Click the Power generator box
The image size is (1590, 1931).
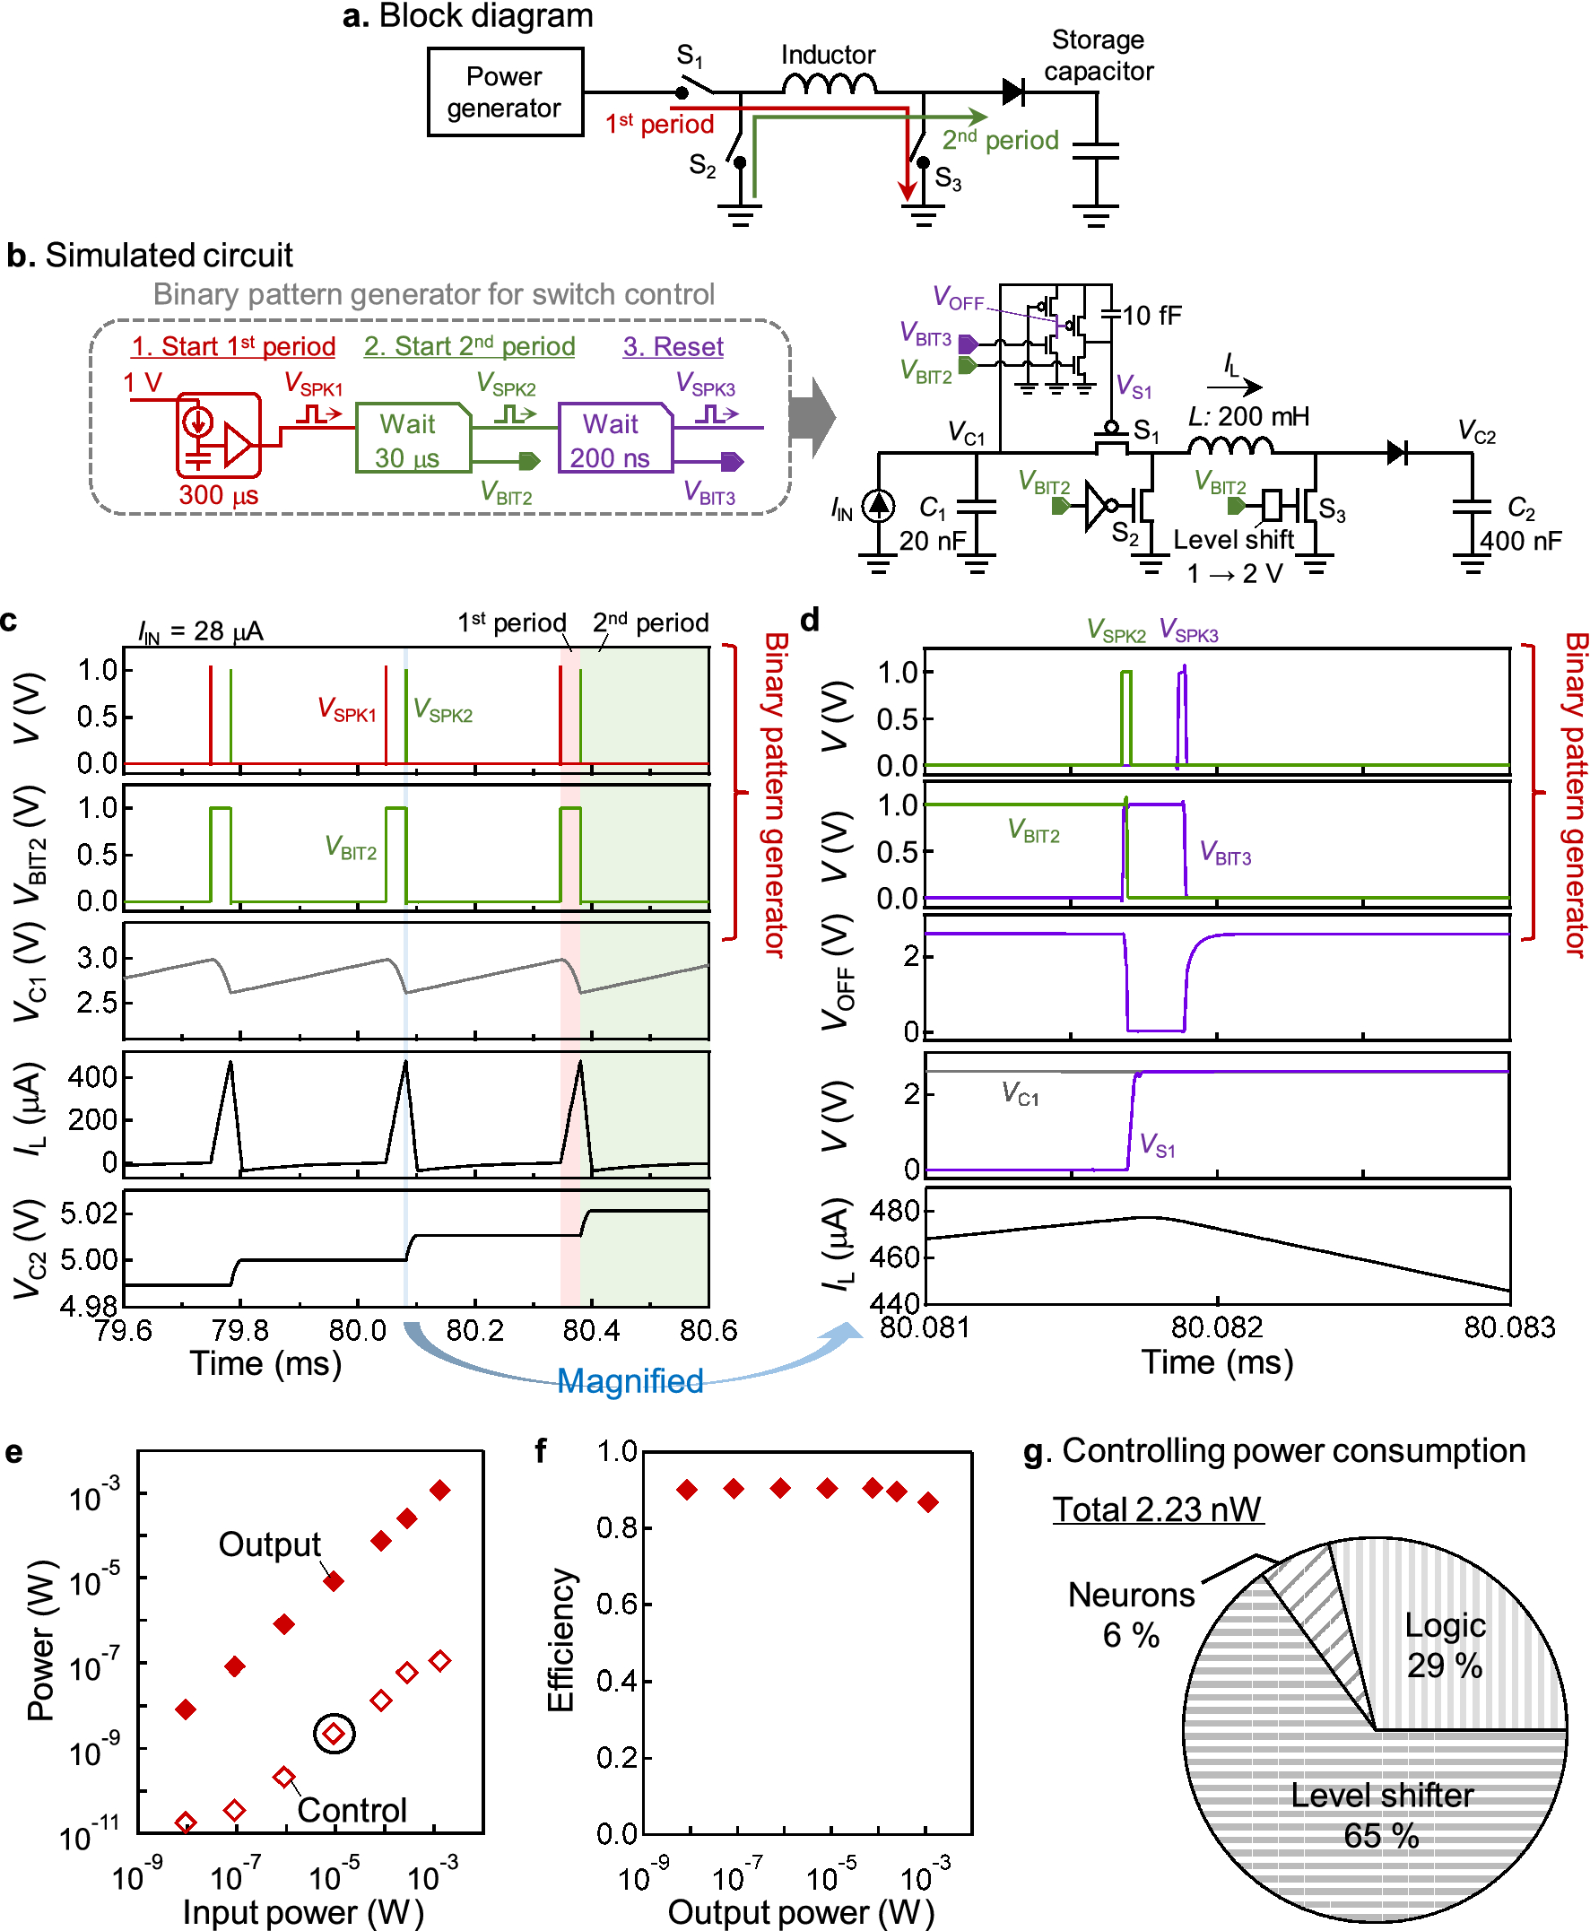(x=505, y=91)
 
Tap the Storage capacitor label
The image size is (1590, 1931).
(x=1098, y=55)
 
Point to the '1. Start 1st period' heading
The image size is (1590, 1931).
(x=233, y=346)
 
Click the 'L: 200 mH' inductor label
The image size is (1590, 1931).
(x=1248, y=416)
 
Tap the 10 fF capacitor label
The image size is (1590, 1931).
(x=1151, y=316)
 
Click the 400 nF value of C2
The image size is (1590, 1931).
(x=1520, y=541)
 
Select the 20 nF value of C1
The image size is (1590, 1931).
(x=933, y=541)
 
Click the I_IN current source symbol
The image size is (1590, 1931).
(x=878, y=505)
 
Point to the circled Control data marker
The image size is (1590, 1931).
(x=335, y=1733)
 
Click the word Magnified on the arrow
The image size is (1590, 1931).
(x=630, y=1380)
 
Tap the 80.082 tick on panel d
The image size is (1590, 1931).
(x=1216, y=1327)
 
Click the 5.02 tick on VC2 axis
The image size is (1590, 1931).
(x=89, y=1213)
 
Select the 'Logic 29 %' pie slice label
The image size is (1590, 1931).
(x=1445, y=1644)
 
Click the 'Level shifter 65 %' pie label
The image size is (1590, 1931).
(x=1381, y=1814)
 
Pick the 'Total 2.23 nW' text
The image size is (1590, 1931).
(x=1157, y=1509)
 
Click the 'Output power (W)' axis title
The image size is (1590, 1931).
(x=801, y=1912)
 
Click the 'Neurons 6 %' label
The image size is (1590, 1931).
(x=1131, y=1614)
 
